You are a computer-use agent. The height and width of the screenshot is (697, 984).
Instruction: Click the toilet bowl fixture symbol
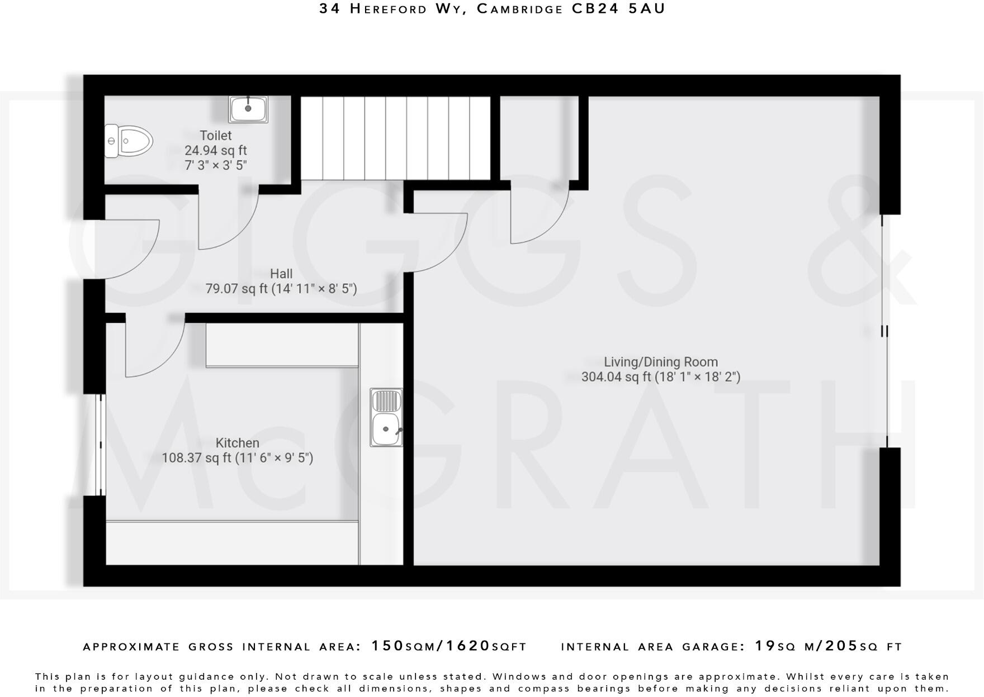(129, 141)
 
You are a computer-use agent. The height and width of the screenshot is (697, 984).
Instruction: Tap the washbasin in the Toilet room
(248, 109)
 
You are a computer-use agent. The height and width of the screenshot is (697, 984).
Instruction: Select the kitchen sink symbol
(386, 417)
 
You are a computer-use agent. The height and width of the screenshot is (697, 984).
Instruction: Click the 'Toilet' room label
(216, 136)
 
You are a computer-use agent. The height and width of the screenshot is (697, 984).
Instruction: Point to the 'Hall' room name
(281, 274)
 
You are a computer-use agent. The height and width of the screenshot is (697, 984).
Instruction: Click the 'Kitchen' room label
(238, 443)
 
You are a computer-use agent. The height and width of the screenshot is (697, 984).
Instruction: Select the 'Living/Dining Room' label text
(661, 362)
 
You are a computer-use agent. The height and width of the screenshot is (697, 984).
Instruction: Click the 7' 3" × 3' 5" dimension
(216, 165)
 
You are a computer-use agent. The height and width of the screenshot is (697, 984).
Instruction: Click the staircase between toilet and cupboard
(396, 138)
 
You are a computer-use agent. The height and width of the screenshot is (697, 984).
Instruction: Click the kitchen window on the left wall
(101, 445)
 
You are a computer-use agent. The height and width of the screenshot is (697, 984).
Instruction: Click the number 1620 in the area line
(467, 646)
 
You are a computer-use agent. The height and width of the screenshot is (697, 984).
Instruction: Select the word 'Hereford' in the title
(389, 9)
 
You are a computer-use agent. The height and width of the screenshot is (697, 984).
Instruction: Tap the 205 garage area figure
(841, 646)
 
